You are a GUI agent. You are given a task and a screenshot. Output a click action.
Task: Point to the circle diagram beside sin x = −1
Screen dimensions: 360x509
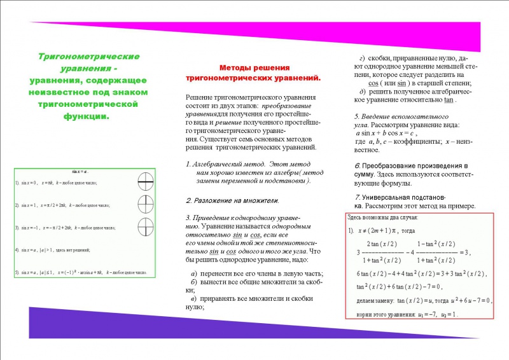(x=146, y=227)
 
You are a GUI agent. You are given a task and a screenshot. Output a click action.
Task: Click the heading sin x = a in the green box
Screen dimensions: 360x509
(x=80, y=172)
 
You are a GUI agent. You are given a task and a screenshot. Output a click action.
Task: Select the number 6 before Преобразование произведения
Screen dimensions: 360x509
(x=357, y=165)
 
